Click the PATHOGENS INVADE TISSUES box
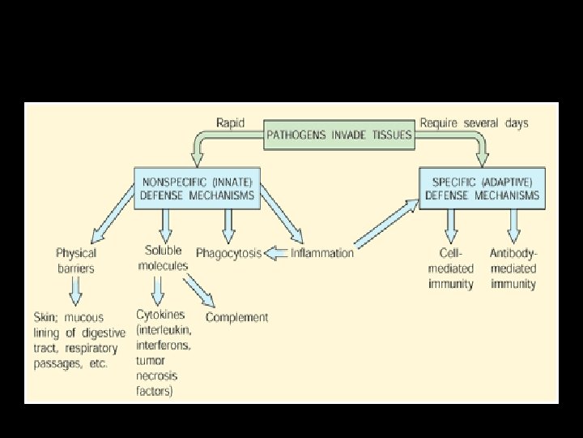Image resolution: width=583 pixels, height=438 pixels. [340, 135]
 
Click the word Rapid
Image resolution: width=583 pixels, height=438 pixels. [232, 123]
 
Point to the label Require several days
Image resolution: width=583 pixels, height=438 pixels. [474, 123]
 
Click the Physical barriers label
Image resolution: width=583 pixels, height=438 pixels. [75, 260]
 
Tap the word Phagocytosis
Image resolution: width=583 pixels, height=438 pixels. [229, 253]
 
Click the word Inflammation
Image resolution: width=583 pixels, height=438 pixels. [322, 253]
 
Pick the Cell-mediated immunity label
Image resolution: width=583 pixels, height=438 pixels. [450, 268]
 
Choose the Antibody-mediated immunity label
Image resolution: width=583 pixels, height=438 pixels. [513, 268]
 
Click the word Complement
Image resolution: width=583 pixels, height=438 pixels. [236, 317]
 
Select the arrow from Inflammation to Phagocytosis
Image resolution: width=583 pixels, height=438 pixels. [276, 253]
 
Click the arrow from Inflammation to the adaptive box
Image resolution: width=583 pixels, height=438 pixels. [386, 225]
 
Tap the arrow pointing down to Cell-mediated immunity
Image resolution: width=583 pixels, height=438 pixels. [450, 224]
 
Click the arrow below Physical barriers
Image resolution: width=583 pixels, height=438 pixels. [75, 289]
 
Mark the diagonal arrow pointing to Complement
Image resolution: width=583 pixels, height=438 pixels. [198, 290]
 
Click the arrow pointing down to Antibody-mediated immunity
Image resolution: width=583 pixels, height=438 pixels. [513, 224]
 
